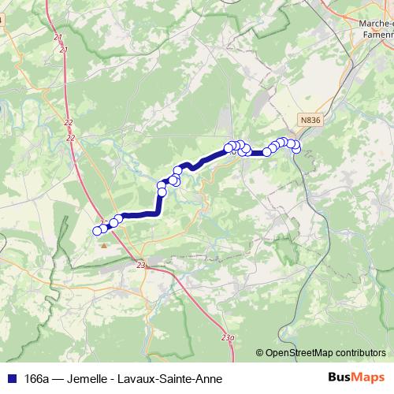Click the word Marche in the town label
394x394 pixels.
point(374,23)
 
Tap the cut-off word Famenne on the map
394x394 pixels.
point(376,35)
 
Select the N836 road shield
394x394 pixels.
point(310,120)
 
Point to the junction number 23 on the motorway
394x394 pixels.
point(142,266)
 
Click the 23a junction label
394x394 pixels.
point(228,338)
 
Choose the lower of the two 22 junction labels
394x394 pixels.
point(71,138)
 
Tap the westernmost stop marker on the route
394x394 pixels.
point(98,230)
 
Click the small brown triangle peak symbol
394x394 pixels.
point(104,245)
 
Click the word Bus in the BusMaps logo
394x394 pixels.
point(340,377)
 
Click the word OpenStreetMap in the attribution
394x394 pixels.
point(298,354)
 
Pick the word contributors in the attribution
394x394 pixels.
point(360,354)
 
